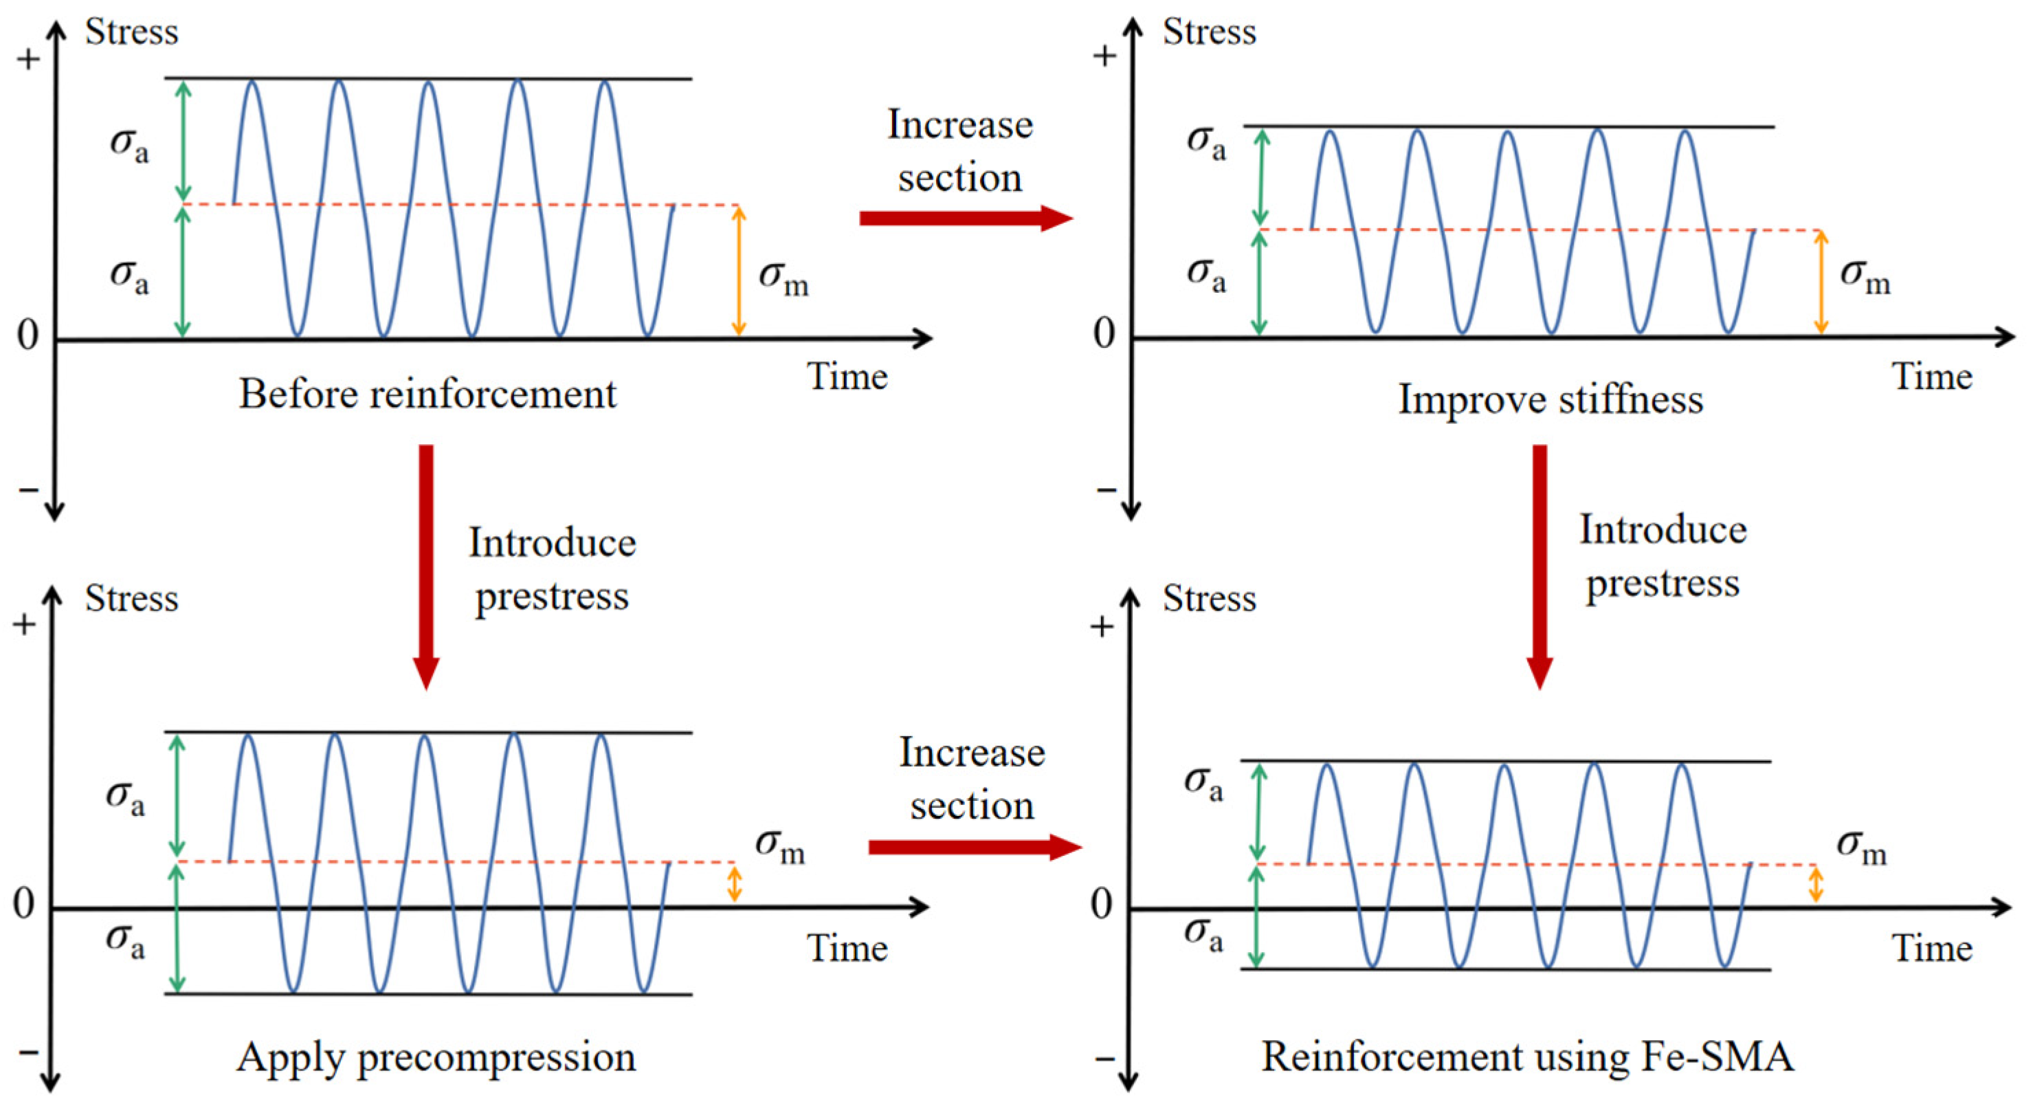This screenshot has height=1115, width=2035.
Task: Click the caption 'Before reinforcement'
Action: coord(427,393)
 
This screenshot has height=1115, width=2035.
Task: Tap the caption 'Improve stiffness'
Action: coord(1550,399)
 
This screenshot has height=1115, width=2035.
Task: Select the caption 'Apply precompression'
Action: coord(436,1057)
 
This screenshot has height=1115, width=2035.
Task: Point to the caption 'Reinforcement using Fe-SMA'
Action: coord(1527,1057)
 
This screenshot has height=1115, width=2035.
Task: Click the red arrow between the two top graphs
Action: coord(966,218)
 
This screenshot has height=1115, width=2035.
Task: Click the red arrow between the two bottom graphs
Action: coord(974,847)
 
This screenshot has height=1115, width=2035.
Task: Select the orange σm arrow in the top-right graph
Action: coord(1821,282)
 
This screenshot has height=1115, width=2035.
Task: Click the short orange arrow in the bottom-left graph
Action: coord(735,884)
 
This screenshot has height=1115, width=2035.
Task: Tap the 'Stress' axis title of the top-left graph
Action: coord(132,32)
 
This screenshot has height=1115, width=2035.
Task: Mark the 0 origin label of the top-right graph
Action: coord(1104,334)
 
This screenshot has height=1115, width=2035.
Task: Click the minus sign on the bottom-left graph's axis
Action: coord(27,1052)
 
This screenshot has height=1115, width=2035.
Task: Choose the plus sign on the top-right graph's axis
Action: coord(1104,56)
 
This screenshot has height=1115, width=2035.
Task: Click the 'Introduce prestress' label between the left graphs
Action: coord(552,569)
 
